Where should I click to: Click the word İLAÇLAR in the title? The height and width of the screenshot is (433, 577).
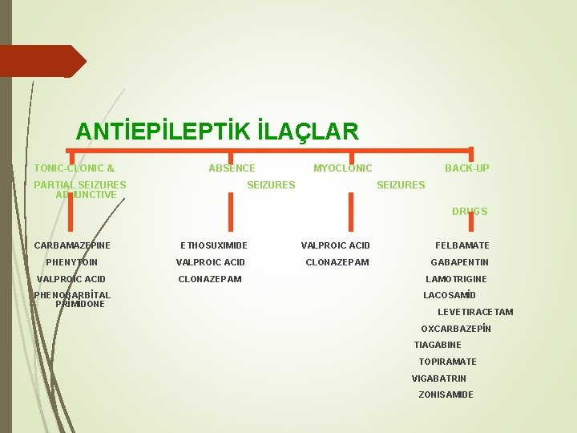tap(309, 130)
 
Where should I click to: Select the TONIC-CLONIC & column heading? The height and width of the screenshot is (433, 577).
tap(74, 168)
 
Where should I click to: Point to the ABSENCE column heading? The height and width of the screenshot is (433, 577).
tap(232, 168)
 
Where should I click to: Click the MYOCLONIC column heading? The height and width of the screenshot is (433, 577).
tap(342, 168)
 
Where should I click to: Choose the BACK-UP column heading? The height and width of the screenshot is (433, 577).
tap(467, 168)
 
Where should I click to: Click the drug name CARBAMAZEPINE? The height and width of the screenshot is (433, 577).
tap(72, 245)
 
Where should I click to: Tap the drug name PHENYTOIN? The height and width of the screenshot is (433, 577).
tap(72, 262)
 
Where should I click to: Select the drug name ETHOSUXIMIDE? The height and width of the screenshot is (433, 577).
tap(214, 245)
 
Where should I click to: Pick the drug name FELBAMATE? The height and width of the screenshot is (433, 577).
tap(462, 245)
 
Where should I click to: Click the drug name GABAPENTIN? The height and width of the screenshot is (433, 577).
tap(460, 262)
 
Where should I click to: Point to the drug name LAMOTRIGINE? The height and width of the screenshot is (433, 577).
tap(456, 279)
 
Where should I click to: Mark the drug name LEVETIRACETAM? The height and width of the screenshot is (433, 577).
tap(475, 312)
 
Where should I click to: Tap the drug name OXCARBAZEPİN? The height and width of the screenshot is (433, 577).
tap(456, 329)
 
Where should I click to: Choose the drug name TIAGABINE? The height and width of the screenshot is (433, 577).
tap(438, 345)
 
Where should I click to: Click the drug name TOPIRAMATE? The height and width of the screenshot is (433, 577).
tap(447, 362)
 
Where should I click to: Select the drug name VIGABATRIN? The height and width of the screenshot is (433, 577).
tap(439, 378)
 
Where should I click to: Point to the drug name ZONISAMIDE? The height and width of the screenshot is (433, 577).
tap(446, 395)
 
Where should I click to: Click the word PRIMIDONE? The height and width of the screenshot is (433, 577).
tap(80, 304)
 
